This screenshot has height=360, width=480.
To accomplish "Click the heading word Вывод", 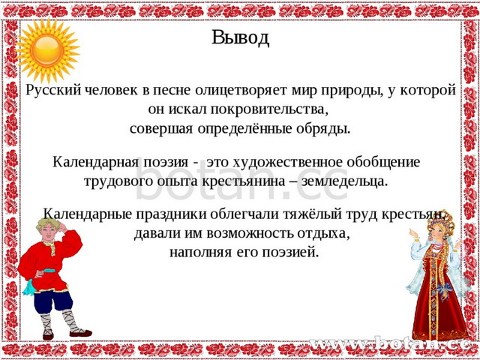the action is [x=240, y=38].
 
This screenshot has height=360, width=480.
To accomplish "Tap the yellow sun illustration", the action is [x=46, y=49].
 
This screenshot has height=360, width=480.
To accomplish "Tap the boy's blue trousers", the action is [x=53, y=301].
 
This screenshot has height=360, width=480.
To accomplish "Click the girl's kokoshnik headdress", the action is [x=441, y=221].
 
